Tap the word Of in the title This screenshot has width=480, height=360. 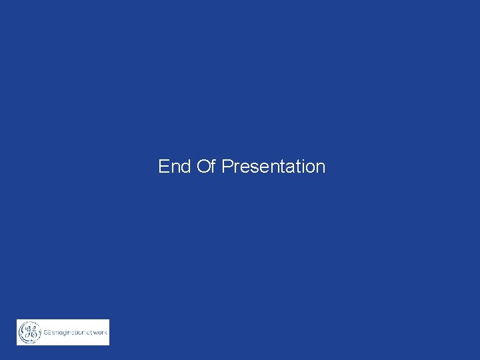[x=206, y=166]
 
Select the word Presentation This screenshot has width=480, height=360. [x=273, y=166]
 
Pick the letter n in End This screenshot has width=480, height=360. [x=175, y=167]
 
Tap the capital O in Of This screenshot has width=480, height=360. [x=203, y=166]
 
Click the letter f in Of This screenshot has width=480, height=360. [x=213, y=166]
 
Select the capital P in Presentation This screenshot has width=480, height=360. [x=227, y=166]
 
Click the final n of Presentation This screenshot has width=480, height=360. [x=321, y=167]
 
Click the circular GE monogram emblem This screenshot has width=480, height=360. [x=29, y=332]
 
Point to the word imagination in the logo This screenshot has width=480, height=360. [x=69, y=332]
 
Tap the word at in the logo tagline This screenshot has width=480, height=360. [x=89, y=332]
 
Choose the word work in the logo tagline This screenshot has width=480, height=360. [x=100, y=332]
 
